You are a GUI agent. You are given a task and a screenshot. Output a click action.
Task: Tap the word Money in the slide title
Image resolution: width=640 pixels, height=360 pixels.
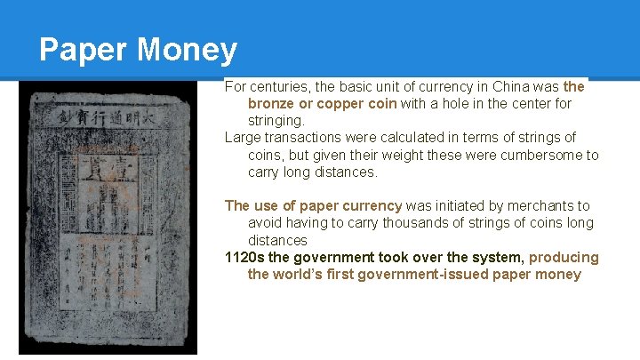point(188,51)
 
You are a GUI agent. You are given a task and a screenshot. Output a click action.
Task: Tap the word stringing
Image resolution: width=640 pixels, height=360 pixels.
point(276,120)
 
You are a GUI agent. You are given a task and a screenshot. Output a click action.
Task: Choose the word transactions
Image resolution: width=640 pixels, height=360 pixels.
point(307,138)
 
